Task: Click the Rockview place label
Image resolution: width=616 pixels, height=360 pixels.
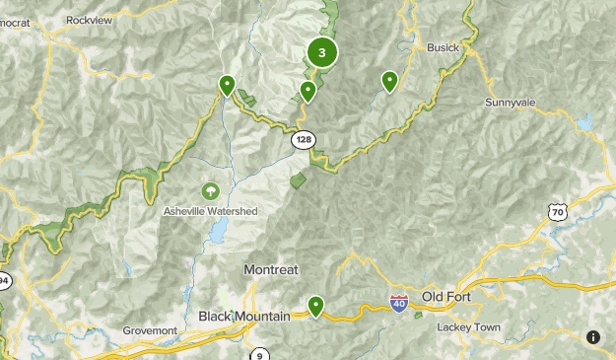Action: [x=91, y=19]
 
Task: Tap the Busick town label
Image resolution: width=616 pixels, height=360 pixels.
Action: [x=443, y=46]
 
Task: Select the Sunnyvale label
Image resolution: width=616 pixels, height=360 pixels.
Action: [x=511, y=102]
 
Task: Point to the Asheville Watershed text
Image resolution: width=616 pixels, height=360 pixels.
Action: [x=210, y=211]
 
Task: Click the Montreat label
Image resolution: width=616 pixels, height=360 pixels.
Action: [x=270, y=269]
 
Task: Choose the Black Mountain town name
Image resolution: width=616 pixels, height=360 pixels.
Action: [x=244, y=316]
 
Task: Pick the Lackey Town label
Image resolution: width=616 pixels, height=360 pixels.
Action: [x=470, y=327]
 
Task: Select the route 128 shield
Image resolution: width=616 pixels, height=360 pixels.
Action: [x=303, y=140]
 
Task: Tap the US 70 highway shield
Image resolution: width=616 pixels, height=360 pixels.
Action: [x=558, y=210]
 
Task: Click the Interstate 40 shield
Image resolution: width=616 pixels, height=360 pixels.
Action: [x=399, y=303]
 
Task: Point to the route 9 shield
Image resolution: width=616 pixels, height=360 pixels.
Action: [x=259, y=354]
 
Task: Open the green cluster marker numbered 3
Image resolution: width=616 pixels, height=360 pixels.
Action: [x=321, y=52]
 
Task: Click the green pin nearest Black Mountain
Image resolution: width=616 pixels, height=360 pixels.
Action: [x=315, y=307]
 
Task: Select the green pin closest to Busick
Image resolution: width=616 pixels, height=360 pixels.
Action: [x=389, y=82]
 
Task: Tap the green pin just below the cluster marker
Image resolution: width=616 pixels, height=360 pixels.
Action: [x=308, y=92]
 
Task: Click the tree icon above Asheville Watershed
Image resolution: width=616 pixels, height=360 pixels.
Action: [x=209, y=190]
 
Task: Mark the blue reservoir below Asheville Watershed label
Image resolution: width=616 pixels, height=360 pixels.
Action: [x=217, y=232]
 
